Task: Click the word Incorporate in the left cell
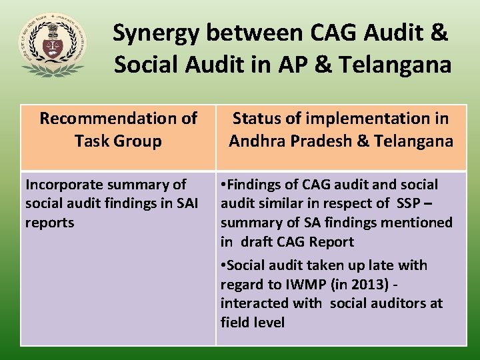64,185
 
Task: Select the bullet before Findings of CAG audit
224,185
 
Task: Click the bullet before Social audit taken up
224,265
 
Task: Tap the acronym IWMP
306,285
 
